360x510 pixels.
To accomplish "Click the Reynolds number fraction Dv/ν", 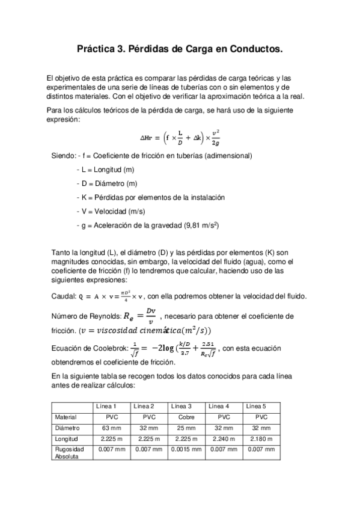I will (153, 315).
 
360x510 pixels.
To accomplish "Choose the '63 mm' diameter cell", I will (111, 428).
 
